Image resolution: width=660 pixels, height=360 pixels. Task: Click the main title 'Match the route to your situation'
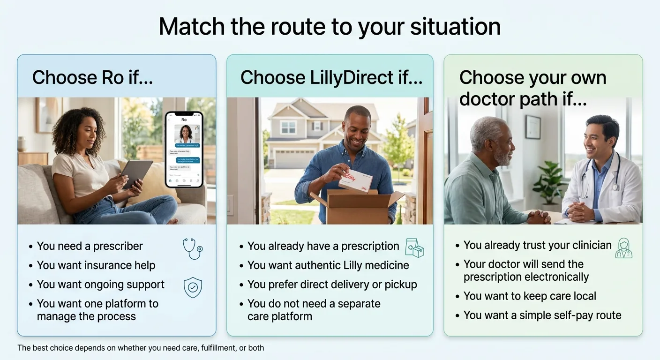[330, 27]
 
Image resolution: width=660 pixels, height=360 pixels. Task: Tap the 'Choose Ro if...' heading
[92, 77]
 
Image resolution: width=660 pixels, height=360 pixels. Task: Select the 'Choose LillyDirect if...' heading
[331, 77]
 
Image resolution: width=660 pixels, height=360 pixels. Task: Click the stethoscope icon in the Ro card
[192, 249]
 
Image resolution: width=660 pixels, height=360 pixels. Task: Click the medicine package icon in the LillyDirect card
[414, 247]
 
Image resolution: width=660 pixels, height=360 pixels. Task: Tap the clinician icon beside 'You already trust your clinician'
[623, 248]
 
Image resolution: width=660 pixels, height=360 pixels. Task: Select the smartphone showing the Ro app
[184, 149]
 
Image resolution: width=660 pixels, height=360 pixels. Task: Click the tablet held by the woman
[136, 174]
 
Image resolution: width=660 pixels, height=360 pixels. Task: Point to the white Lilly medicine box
[355, 181]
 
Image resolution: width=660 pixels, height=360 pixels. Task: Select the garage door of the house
[294, 158]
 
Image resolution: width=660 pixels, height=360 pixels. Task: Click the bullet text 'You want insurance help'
[96, 265]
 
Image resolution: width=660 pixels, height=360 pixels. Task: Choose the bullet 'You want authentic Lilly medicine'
[328, 265]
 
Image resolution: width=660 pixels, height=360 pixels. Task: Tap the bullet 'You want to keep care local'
[530, 296]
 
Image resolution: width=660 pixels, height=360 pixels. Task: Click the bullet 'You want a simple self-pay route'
[542, 315]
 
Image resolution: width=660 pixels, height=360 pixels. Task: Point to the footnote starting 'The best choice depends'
[141, 348]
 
